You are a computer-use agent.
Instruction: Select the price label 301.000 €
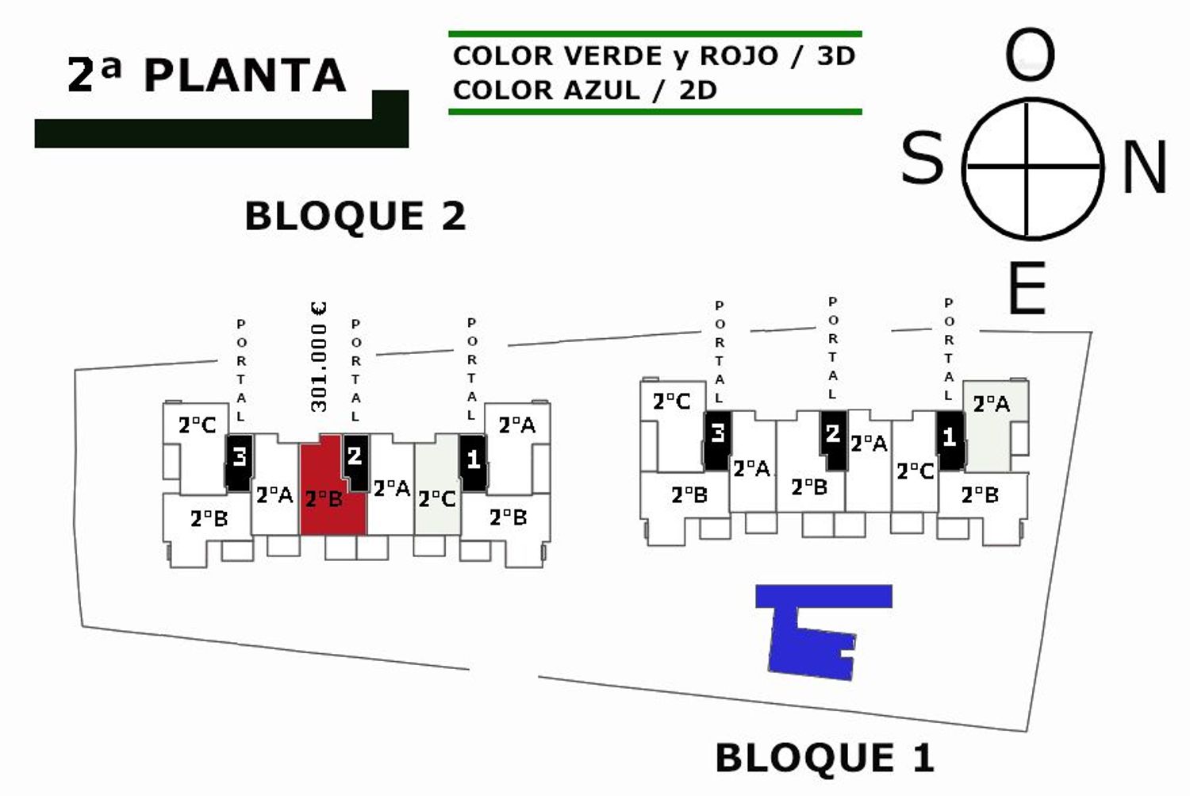point(319,356)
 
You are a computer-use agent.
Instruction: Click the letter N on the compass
point(1144,167)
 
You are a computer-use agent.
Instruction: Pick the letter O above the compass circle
point(1030,56)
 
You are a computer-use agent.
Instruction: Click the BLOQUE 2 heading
point(355,217)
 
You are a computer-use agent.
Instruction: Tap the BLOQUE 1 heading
point(824,757)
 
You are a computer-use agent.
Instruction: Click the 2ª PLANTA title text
point(207,75)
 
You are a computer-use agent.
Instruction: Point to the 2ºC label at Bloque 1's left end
point(671,402)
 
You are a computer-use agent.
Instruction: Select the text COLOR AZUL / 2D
point(585,90)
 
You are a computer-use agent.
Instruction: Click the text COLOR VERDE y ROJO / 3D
point(654,56)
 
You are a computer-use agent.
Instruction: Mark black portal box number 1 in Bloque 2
point(473,461)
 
